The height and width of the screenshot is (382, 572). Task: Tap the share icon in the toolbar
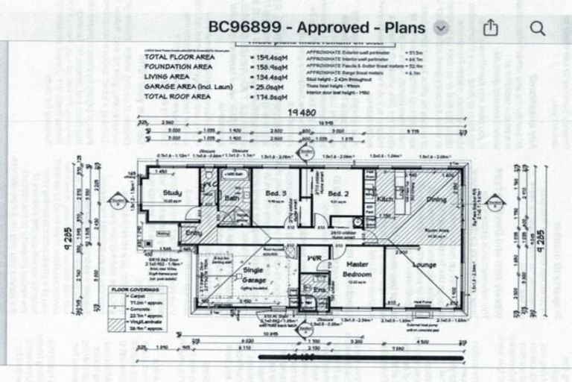pyautogui.click(x=490, y=28)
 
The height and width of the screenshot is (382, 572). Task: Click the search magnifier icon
pyautogui.click(x=538, y=28)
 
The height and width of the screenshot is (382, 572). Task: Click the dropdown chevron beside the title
pyautogui.click(x=441, y=28)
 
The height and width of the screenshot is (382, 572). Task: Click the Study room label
pyautogui.click(x=173, y=193)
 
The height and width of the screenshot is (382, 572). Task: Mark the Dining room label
pyautogui.click(x=435, y=200)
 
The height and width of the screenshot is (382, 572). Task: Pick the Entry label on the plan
pyautogui.click(x=193, y=233)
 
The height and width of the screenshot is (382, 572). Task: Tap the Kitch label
pyautogui.click(x=385, y=200)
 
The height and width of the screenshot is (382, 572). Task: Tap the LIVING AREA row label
pyautogui.click(x=167, y=76)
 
